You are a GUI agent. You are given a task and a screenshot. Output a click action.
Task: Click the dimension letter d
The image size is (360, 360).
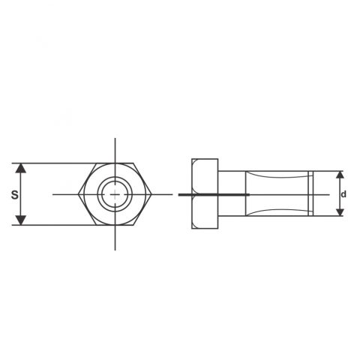tap(344, 193)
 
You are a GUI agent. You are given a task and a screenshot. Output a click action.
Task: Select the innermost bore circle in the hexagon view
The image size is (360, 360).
tap(115, 193)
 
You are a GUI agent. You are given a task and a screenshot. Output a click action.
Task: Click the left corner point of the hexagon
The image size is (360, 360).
tap(78, 193)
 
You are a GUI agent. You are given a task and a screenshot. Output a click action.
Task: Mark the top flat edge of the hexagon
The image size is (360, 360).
tap(115, 162)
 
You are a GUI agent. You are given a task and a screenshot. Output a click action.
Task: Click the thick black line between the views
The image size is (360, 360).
tap(214, 194)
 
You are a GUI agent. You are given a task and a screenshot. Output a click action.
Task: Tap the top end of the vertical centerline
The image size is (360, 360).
tap(115, 139)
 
